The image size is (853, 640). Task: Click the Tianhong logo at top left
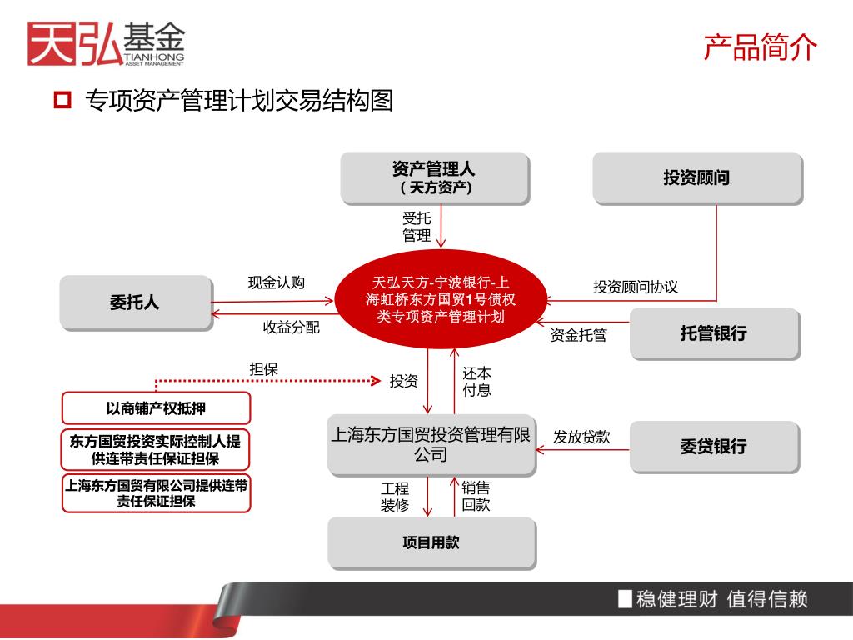[106, 42]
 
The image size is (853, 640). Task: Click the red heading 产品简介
[760, 47]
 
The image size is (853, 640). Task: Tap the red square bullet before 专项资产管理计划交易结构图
[62, 102]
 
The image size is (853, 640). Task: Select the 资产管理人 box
[434, 177]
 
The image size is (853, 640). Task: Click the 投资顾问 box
[696, 177]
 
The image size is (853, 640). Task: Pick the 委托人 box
[134, 303]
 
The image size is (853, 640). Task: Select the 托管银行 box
[714, 333]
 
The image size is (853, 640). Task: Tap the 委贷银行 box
[714, 447]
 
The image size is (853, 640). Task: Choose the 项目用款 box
[431, 542]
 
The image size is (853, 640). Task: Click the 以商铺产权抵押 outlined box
[156, 408]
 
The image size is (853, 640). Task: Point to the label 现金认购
[277, 282]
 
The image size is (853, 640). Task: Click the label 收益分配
[292, 327]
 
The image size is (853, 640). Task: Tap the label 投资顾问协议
[636, 287]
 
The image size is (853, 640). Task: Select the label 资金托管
[578, 335]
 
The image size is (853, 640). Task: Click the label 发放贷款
[582, 437]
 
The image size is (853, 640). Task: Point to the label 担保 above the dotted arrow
[264, 369]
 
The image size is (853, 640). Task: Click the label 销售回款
[476, 497]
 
